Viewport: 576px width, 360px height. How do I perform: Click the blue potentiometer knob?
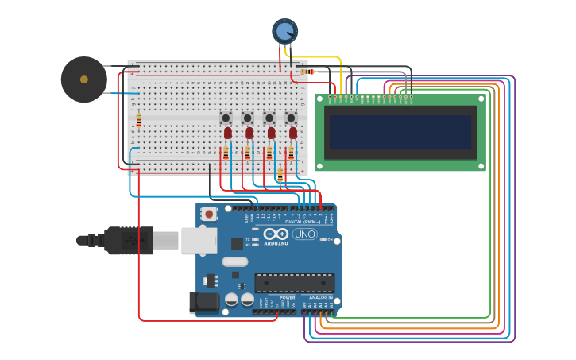284,31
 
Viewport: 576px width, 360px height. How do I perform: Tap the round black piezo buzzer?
83,79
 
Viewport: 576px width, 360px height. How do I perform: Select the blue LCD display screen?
400,133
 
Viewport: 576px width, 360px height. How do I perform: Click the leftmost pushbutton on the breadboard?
226,118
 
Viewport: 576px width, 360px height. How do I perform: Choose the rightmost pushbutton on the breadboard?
291,118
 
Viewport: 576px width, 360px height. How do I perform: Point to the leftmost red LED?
227,133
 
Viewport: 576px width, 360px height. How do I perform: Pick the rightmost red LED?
292,133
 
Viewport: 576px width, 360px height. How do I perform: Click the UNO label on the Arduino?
305,234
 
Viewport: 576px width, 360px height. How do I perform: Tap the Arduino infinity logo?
276,234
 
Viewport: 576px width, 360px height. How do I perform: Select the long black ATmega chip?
294,282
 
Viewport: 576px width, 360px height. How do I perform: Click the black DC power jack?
203,302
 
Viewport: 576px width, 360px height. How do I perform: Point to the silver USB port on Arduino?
199,240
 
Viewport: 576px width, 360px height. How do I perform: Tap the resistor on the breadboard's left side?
138,120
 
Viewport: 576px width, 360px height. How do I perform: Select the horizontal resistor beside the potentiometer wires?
307,72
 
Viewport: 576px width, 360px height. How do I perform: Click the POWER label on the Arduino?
287,297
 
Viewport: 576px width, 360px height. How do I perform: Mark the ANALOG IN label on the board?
321,297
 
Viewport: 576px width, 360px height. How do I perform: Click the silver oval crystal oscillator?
234,261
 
